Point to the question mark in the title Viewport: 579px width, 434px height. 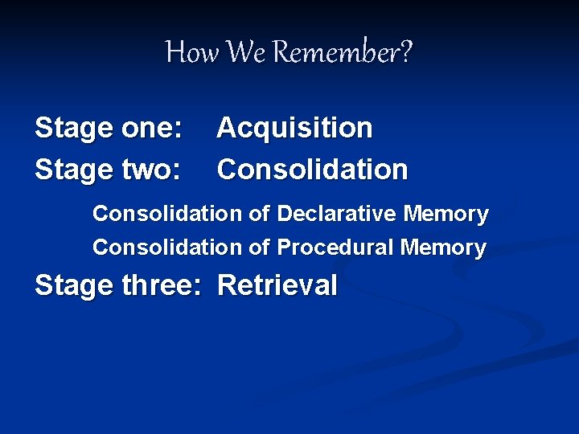click(405, 53)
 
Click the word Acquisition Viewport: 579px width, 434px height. click(295, 128)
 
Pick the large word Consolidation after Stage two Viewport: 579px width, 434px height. click(313, 170)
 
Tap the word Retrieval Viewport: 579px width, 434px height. click(277, 285)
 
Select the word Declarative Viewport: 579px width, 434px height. click(337, 215)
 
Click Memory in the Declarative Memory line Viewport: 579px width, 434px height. click(446, 215)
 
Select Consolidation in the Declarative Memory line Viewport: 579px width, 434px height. click(167, 215)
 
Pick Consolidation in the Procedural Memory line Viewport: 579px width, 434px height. click(167, 248)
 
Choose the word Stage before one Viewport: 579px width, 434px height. click(74, 129)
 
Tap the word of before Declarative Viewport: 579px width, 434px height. click(259, 215)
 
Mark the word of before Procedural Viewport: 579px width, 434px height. click(259, 248)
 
